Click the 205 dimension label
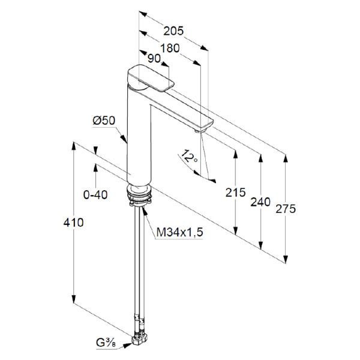click(173, 31)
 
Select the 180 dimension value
click(170, 49)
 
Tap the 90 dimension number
click(154, 59)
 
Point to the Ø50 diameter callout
click(104, 121)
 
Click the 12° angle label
click(189, 156)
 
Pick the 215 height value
click(235, 193)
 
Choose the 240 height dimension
click(260, 202)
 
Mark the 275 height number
click(286, 209)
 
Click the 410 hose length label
click(73, 223)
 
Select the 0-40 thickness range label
click(95, 195)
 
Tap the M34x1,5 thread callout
click(180, 232)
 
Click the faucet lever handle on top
click(151, 78)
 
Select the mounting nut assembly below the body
click(140, 195)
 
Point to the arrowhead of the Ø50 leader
click(124, 139)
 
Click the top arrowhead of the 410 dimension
click(73, 146)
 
